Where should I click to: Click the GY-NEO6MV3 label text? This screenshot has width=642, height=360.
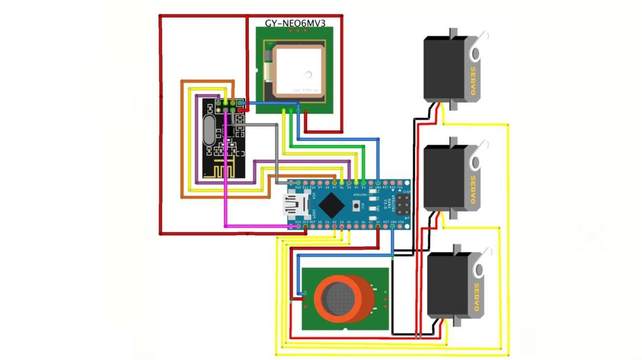click(295, 23)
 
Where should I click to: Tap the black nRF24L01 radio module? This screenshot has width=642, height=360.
click(223, 142)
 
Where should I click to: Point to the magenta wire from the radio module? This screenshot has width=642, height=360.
click(226, 188)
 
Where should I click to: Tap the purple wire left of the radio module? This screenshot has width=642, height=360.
click(197, 144)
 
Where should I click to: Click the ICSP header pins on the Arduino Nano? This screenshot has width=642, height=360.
click(402, 203)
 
